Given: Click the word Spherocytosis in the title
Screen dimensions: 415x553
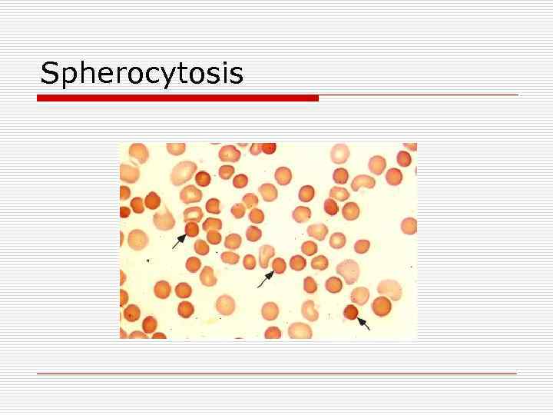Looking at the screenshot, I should pos(141,74).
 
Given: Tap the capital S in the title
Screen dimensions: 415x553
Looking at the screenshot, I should pos(48,73).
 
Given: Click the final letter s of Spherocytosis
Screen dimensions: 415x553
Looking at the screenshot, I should pos(237,75).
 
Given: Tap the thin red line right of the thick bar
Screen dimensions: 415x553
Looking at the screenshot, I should pos(419,95).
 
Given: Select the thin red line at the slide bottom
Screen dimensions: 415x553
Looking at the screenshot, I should pos(276,374).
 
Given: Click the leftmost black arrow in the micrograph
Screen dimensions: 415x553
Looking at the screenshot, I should pos(179,241).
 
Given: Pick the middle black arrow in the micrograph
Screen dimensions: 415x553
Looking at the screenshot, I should pos(265,279).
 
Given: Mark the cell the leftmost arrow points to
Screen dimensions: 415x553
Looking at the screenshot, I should pos(191,229).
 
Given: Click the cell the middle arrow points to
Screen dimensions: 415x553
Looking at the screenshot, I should pos(278,265).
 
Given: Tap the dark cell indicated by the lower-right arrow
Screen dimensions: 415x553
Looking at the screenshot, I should pos(352,312).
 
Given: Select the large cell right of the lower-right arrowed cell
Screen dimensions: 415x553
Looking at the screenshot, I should pos(380,306).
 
